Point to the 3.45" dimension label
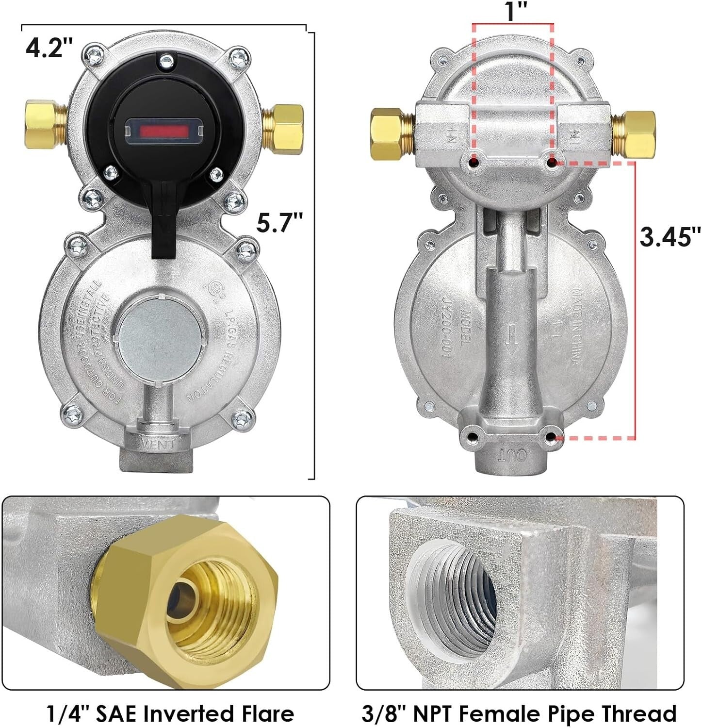pyautogui.click(x=670, y=237)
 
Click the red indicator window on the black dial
pyautogui.click(x=164, y=131)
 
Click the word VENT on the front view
pyautogui.click(x=158, y=444)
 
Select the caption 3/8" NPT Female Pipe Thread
pyautogui.click(x=519, y=713)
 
